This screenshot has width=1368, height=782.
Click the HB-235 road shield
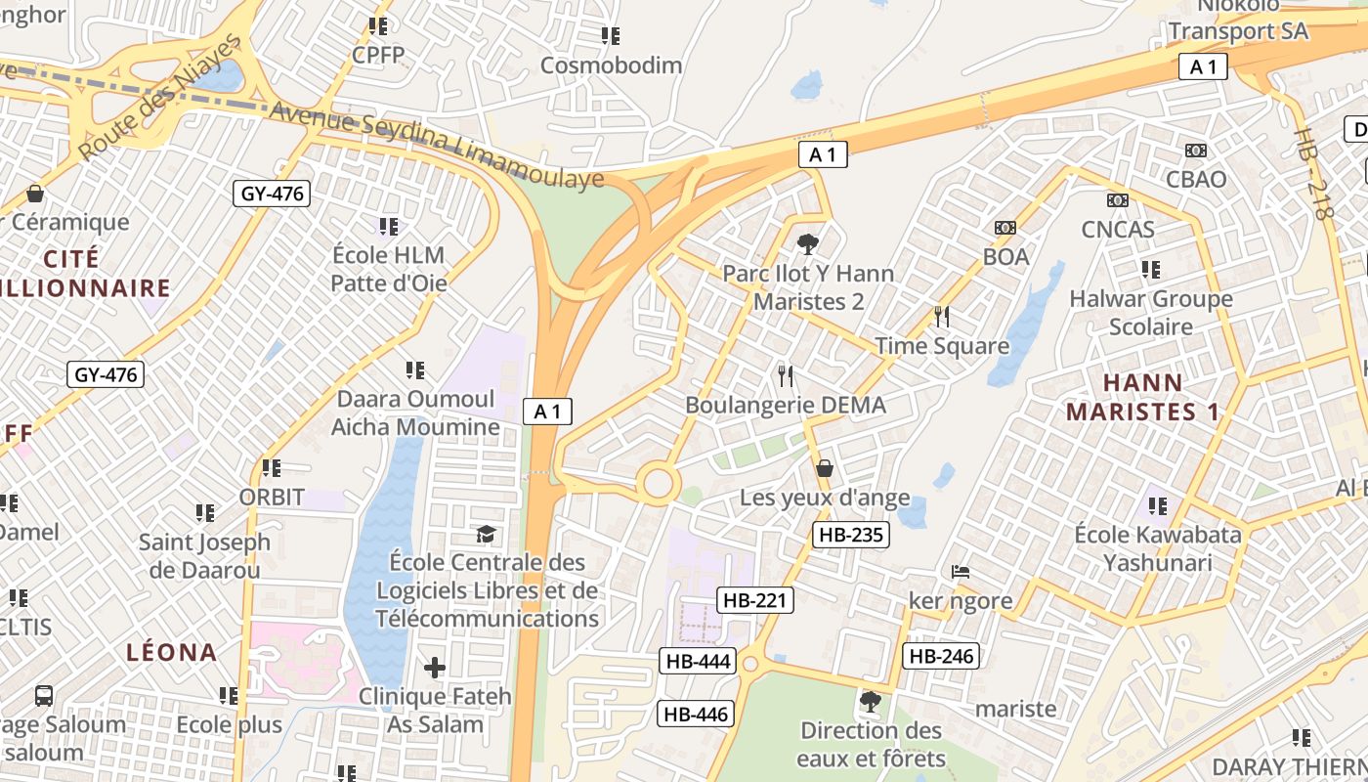[x=850, y=535]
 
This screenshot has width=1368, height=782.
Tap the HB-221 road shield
[x=755, y=600]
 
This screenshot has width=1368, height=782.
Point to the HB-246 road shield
[x=941, y=656]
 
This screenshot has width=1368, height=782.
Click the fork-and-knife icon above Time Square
[x=942, y=317]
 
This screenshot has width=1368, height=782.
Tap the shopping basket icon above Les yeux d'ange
[x=825, y=469]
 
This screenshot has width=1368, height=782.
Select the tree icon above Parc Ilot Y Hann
[x=808, y=244]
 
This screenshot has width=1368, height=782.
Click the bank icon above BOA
[x=1005, y=228]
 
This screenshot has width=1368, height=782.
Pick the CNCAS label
[x=1118, y=230]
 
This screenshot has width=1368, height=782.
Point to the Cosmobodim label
[x=612, y=65]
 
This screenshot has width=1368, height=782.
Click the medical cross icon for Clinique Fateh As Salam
[x=435, y=668]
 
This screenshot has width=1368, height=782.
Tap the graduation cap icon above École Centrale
[x=486, y=534]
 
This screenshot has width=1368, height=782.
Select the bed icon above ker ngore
[x=961, y=571]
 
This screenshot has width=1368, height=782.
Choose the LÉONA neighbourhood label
[x=172, y=652]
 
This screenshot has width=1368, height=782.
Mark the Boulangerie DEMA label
[x=786, y=405]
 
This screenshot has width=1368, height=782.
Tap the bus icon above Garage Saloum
[x=44, y=696]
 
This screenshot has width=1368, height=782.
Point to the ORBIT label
[x=272, y=497]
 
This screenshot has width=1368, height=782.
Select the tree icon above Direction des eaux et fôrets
[x=870, y=702]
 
